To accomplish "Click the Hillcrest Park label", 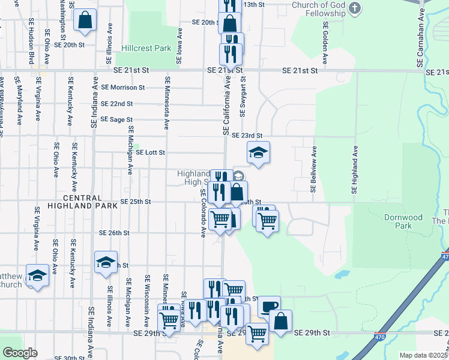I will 146,47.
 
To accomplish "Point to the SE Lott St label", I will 150,152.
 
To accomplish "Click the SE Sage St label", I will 116,119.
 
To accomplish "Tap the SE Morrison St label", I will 123,87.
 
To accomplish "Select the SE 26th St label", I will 115,233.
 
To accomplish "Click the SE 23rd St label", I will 247,136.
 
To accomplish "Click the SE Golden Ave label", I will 325,43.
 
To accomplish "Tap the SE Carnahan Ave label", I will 421,40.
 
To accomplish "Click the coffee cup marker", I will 269,306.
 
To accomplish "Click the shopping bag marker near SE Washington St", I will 85,19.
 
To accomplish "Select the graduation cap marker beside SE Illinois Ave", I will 106,262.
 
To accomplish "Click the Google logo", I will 20,353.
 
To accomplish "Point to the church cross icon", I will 355,8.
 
